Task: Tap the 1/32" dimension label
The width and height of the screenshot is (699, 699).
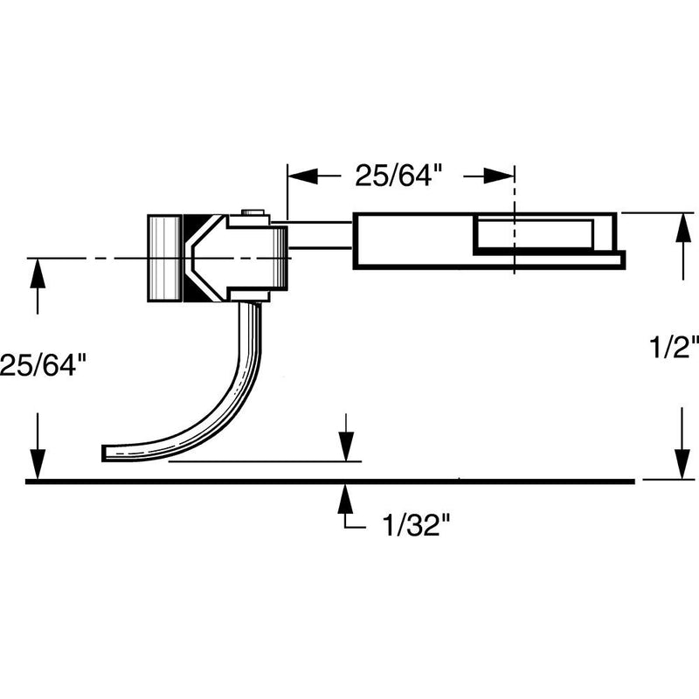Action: (416, 527)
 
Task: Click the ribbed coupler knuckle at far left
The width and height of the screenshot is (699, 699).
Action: (163, 258)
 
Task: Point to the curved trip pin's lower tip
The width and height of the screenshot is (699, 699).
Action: (107, 452)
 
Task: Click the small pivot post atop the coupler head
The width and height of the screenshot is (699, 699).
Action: (253, 212)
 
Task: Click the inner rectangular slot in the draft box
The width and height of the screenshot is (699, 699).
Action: (533, 234)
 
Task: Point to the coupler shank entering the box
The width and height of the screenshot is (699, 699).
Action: (320, 235)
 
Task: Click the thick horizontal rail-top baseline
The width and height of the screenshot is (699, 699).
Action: (262, 481)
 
